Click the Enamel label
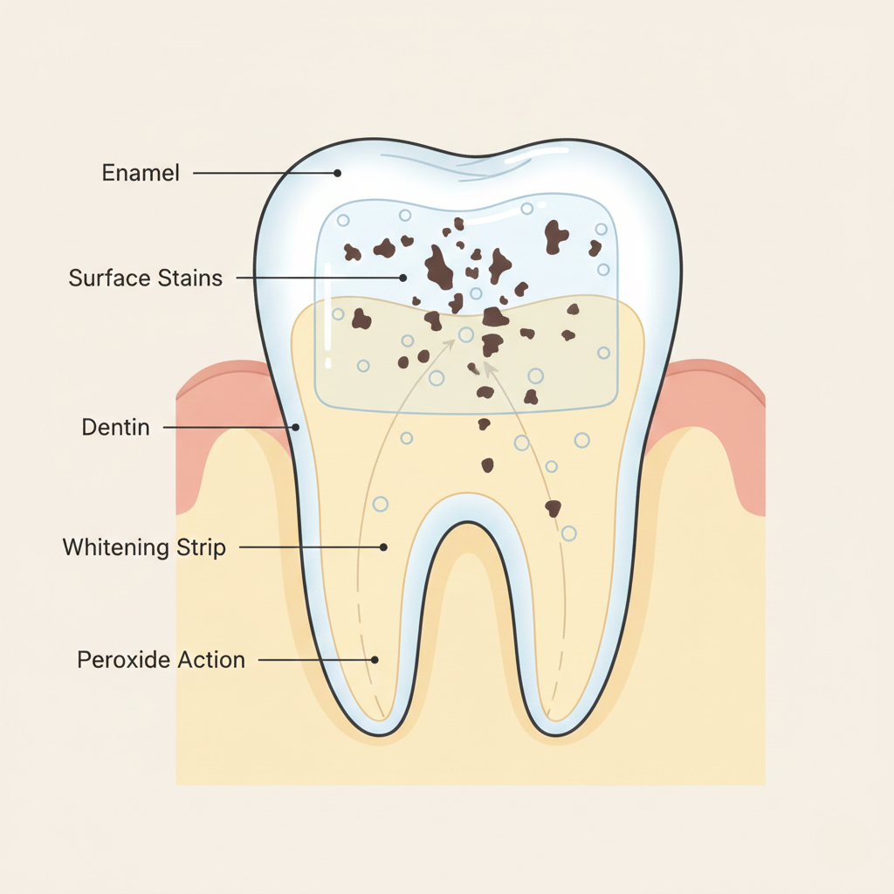click(141, 173)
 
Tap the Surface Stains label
click(145, 279)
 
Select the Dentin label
click(115, 428)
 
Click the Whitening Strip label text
click(144, 547)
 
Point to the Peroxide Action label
click(161, 659)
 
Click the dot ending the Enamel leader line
click(337, 173)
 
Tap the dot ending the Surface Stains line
click(403, 279)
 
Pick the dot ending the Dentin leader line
click(296, 428)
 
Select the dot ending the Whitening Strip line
click(383, 547)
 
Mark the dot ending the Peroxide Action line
click(375, 660)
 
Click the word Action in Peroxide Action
click(211, 659)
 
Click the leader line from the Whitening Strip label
click(310, 547)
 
